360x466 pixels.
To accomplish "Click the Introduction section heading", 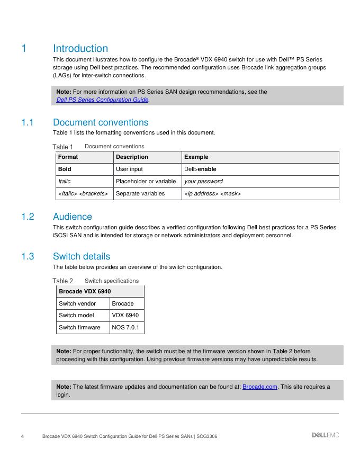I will [80, 49].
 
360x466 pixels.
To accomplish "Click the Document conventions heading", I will [101, 122].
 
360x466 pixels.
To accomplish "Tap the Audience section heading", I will [73, 217].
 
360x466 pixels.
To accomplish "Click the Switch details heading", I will [82, 257].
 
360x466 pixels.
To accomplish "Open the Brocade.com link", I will [259, 387].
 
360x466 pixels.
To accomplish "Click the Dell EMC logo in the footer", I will [325, 435].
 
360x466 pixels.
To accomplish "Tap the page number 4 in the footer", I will [22, 436].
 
